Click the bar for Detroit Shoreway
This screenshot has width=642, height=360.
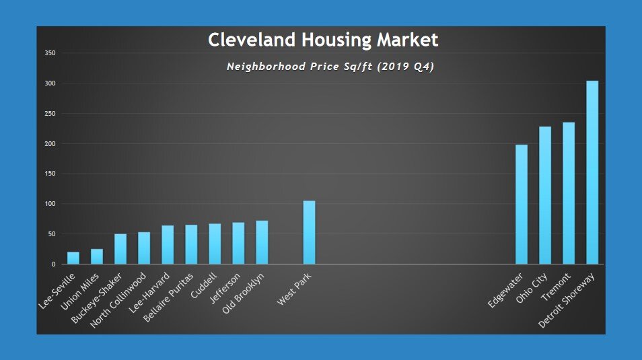(x=592, y=172)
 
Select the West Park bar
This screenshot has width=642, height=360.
(x=309, y=232)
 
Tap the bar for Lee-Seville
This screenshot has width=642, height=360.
(x=73, y=258)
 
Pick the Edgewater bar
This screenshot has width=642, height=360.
(x=522, y=204)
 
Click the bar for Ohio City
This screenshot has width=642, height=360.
(x=545, y=195)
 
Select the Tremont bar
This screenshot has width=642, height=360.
(x=569, y=193)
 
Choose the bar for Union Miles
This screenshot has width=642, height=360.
(x=97, y=256)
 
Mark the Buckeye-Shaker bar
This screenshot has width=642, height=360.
(x=120, y=249)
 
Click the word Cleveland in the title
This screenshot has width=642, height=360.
(x=250, y=40)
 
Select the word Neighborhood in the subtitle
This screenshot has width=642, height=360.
(x=268, y=67)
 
